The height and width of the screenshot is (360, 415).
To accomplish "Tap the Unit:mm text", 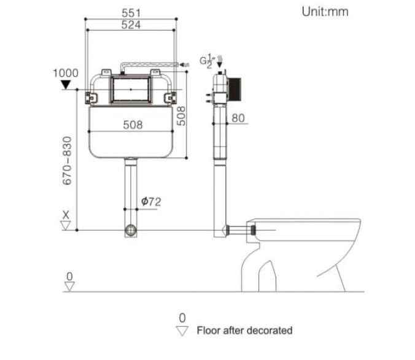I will click(325, 12).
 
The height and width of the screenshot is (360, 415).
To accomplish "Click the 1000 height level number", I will click(66, 73).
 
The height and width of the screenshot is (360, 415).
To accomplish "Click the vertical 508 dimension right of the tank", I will click(182, 114).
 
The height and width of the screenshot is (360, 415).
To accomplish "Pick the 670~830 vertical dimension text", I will click(67, 160).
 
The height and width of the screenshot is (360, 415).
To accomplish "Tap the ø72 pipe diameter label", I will click(151, 201).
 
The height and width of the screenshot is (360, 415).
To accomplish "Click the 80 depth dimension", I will click(239, 118).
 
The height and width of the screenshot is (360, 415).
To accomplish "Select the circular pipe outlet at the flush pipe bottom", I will click(131, 231).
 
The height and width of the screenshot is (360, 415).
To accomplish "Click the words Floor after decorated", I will click(244, 330).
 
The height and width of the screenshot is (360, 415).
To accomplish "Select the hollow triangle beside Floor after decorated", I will click(182, 331).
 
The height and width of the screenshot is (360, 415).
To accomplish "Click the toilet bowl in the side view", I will click(307, 245).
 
